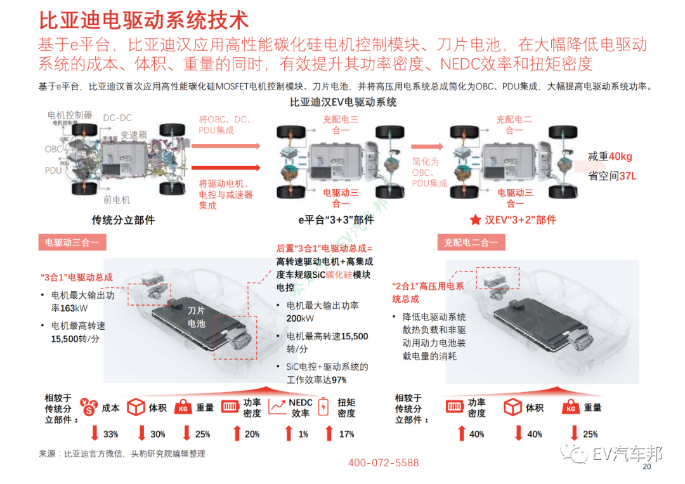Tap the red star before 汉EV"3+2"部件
[475, 219]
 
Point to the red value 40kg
[620, 157]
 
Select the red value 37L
[627, 176]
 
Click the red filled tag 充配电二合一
[471, 242]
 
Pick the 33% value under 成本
[110, 434]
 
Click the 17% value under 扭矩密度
[346, 434]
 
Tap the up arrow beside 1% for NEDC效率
[289, 433]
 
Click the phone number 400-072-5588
[383, 463]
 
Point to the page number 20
[647, 468]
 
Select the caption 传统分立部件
[123, 220]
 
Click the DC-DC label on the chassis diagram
[117, 118]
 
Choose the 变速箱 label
[133, 135]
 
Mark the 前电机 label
[117, 200]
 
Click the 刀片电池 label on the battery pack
[197, 317]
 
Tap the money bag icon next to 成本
[88, 407]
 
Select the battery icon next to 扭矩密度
[324, 407]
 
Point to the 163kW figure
[74, 308]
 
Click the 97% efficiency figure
[339, 379]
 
